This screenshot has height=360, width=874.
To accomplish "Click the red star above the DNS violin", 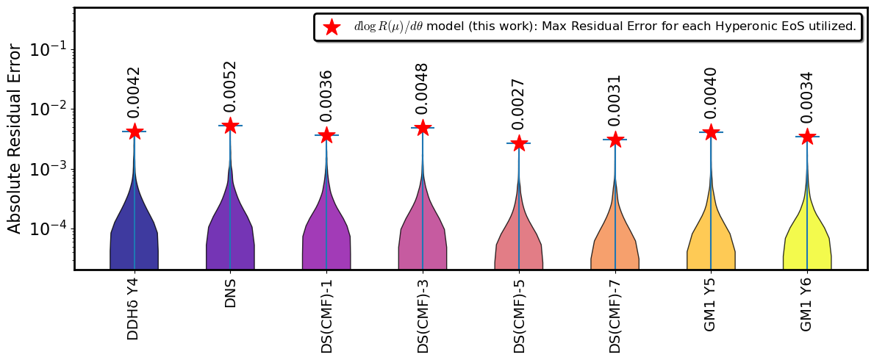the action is click(230, 126).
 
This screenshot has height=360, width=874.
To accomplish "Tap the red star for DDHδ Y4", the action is click(135, 132).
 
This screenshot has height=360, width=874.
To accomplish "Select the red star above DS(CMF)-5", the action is click(519, 143).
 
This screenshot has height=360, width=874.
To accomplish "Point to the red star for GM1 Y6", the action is click(807, 137).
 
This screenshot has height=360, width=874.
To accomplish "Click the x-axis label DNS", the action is click(230, 291).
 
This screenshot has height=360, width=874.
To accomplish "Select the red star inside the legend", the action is click(332, 26).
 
